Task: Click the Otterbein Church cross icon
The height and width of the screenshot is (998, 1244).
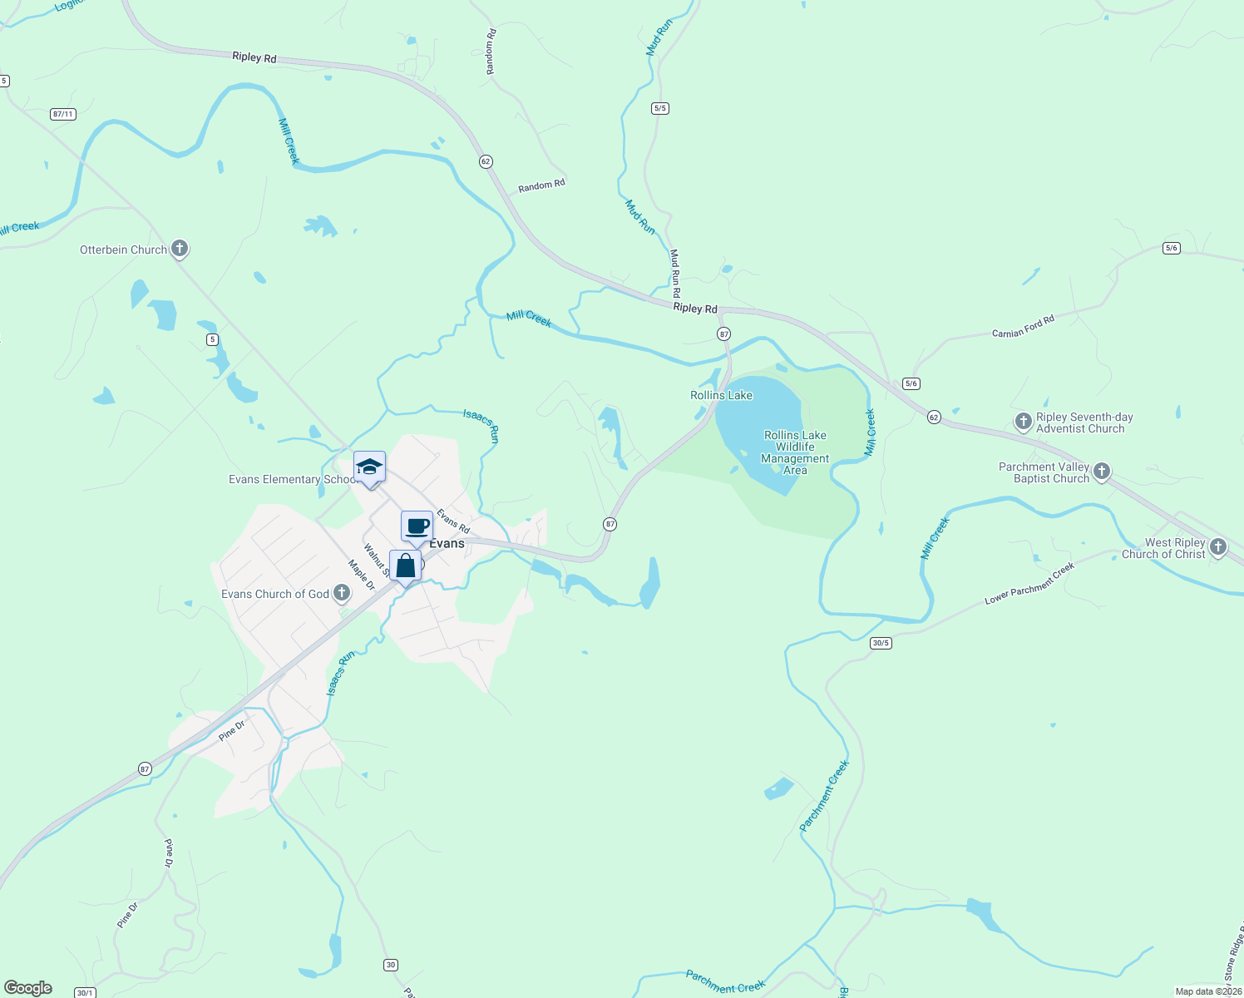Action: click(180, 249)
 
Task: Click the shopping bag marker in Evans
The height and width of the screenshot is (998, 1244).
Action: click(405, 566)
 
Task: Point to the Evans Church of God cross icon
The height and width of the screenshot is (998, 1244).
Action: click(342, 593)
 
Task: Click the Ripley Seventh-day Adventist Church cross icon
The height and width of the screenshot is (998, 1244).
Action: click(1024, 422)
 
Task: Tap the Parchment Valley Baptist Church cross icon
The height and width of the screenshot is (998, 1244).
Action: click(1102, 472)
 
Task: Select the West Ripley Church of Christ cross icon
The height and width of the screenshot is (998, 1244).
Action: click(1218, 547)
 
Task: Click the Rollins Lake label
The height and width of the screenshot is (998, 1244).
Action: click(721, 395)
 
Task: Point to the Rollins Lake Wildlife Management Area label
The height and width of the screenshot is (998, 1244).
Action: click(795, 452)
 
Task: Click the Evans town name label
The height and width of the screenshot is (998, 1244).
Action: click(447, 543)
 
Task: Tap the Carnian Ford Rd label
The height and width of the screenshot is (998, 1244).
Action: click(1023, 326)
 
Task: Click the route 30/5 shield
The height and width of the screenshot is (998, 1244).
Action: click(881, 643)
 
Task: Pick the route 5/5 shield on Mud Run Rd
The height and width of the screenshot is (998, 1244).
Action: click(660, 108)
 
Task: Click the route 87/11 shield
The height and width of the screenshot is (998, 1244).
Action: click(62, 114)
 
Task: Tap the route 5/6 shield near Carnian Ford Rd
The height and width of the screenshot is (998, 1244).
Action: click(911, 383)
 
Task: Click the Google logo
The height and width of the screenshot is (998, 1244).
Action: click(28, 988)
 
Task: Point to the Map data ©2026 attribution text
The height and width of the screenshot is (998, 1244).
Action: click(1207, 991)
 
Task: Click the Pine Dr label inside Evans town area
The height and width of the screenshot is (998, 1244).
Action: click(232, 730)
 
